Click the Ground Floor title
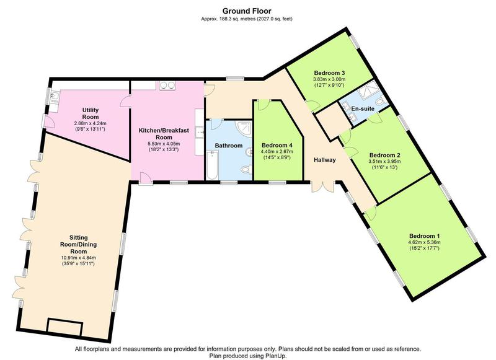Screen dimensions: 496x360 [x=247, y=11]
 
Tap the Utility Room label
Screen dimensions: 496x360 [x=91, y=113]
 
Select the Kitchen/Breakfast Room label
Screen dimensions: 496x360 [x=164, y=134]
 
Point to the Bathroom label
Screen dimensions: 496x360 [x=229, y=146]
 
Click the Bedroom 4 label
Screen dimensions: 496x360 [x=277, y=146]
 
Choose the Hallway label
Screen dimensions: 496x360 [x=324, y=160]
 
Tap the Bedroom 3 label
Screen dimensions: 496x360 [x=329, y=72]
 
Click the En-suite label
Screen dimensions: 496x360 [x=363, y=108]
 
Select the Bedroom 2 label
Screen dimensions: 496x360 [x=384, y=155]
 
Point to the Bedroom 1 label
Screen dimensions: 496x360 [x=424, y=236]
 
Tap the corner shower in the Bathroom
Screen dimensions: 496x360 [x=246, y=128]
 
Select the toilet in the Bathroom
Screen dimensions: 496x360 [x=246, y=169]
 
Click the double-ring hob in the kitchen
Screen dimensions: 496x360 [x=167, y=86]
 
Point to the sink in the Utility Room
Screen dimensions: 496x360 [x=54, y=97]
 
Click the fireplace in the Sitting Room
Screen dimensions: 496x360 [x=64, y=327]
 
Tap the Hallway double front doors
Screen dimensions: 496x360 [x=323, y=187]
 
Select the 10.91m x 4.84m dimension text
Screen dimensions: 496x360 [x=78, y=258]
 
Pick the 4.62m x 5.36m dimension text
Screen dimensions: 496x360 [x=424, y=242]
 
